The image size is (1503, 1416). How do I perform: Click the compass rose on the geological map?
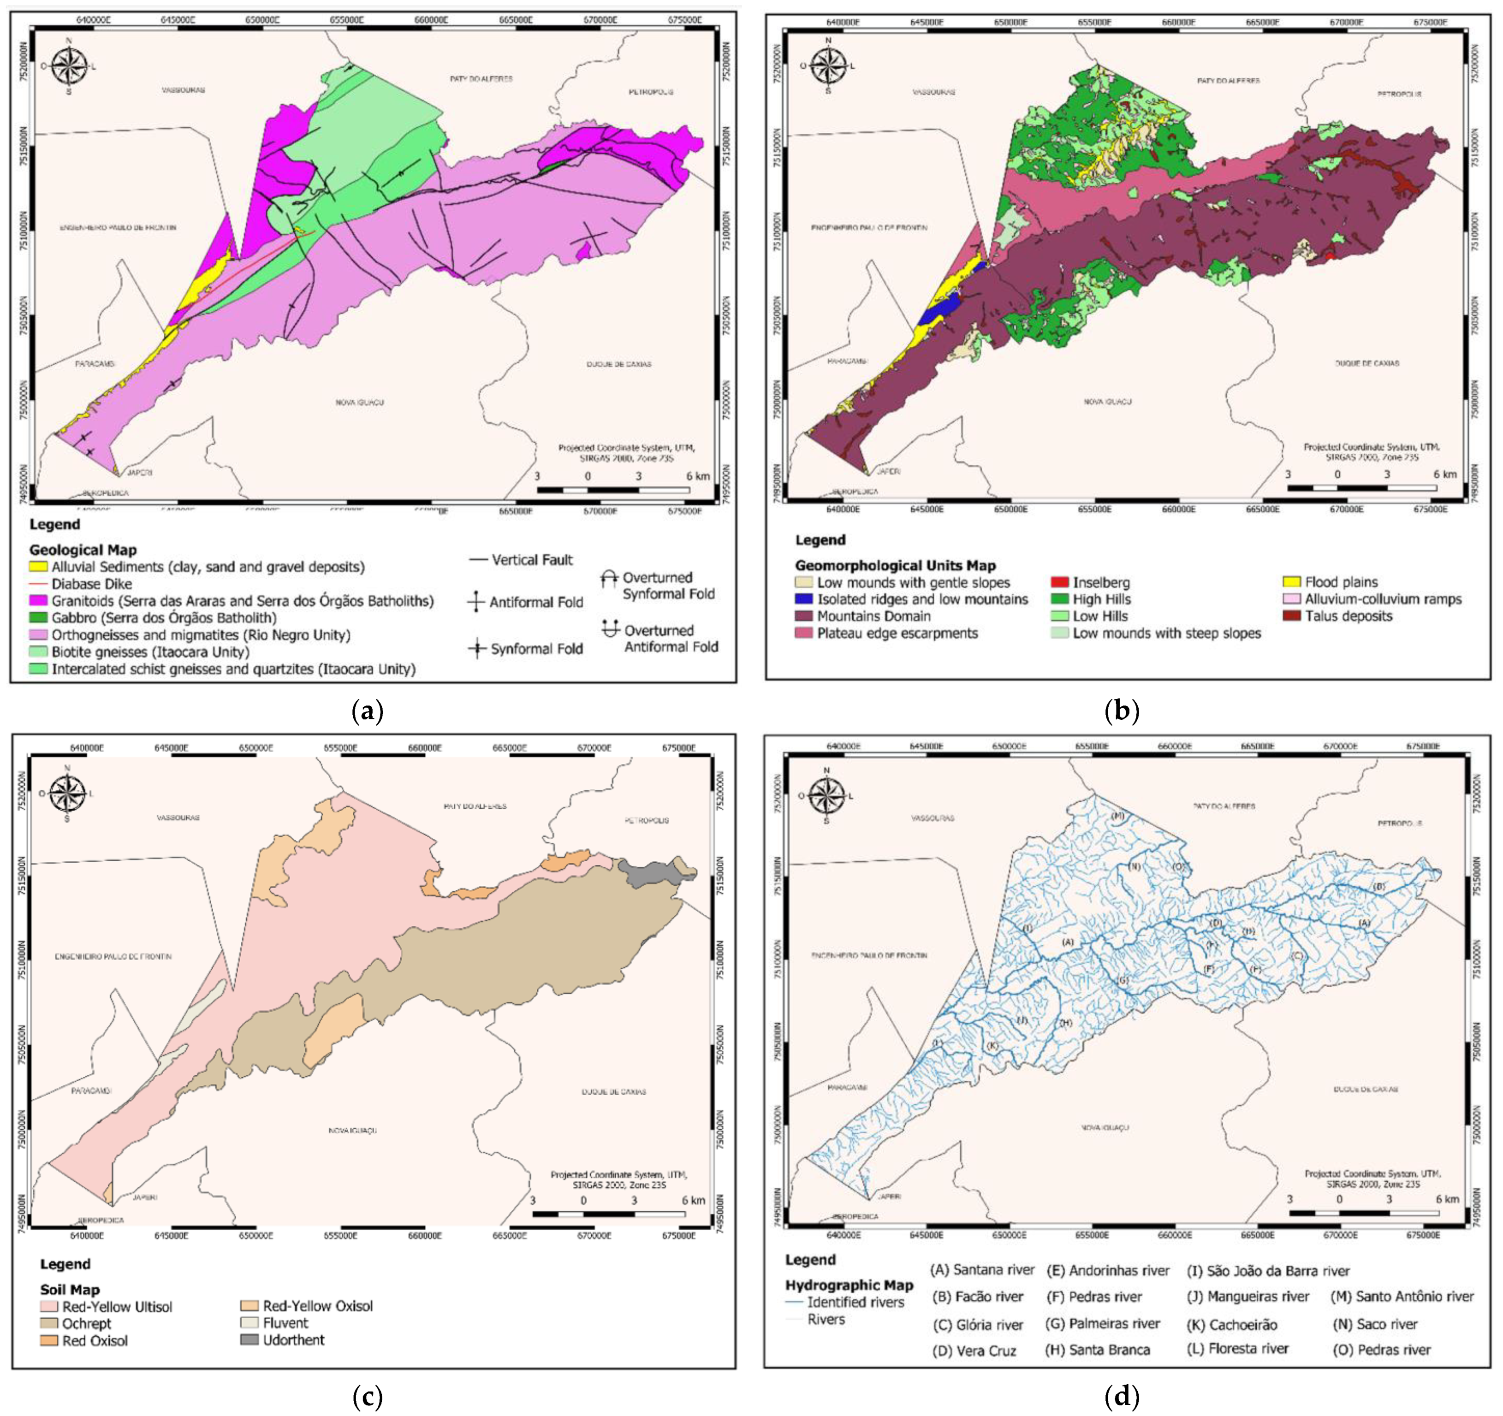coord(68,66)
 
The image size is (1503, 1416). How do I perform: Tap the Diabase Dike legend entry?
coord(91,584)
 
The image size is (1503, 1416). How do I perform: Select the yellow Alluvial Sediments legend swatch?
coord(39,566)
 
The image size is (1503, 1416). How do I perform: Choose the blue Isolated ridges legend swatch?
coord(804,599)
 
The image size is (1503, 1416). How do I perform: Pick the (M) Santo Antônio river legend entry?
coord(1402,1297)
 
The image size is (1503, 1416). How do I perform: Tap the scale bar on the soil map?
coord(609,1214)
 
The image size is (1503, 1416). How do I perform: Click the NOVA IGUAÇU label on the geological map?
coord(360,402)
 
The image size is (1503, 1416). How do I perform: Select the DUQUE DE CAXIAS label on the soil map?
coord(614,1092)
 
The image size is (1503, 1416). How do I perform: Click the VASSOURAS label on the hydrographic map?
coord(933,818)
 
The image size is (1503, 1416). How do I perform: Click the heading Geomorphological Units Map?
coord(895,565)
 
